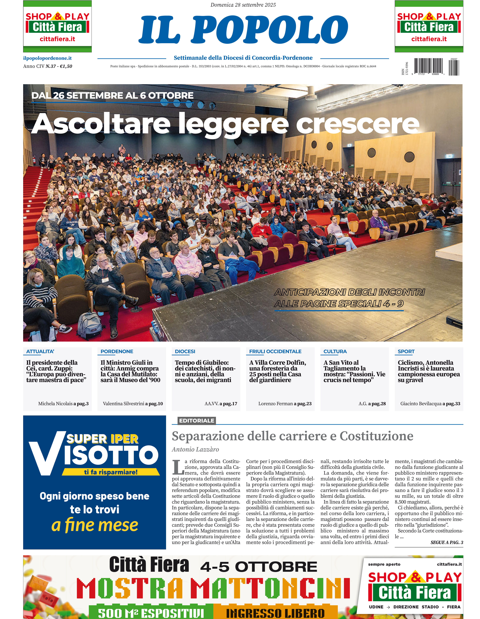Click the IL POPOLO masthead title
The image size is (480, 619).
(243, 29)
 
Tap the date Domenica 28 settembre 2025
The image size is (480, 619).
(243, 5)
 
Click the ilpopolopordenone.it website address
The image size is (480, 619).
(47, 58)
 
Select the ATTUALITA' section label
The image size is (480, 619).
(40, 351)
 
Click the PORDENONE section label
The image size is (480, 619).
(117, 351)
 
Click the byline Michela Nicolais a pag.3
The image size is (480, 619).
(63, 404)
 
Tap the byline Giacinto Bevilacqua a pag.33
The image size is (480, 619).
(430, 404)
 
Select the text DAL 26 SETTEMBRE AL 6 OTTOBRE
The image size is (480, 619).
(112, 95)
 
